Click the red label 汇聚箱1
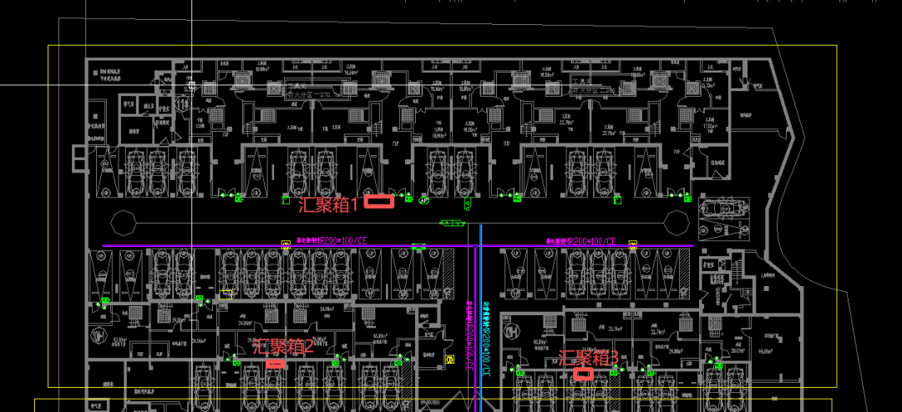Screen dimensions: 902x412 [328, 203]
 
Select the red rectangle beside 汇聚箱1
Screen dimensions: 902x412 [380, 201]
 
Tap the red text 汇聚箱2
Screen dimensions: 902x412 [282, 347]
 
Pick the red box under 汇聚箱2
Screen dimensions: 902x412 [275, 364]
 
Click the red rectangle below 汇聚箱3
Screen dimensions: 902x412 [583, 374]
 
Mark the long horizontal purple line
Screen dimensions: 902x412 [251, 246]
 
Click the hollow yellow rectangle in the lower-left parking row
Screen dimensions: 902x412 [225, 294]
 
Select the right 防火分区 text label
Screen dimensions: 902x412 [593, 89]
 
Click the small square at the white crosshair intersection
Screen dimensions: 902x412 [191, 85]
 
